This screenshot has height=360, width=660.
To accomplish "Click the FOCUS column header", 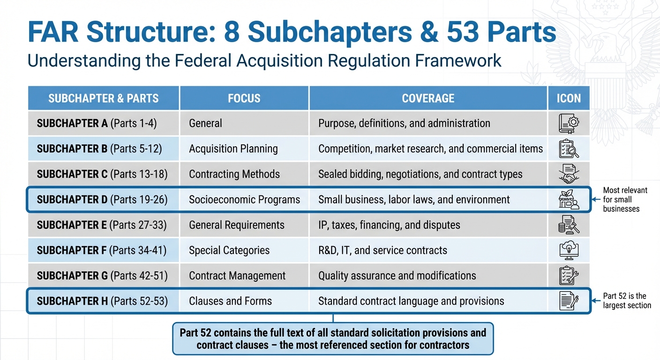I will pyautogui.click(x=244, y=98).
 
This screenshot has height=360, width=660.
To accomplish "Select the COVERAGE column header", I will pyautogui.click(x=428, y=98).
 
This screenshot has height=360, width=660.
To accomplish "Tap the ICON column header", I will pyautogui.click(x=569, y=98).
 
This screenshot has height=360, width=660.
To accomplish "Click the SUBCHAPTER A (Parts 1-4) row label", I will pyautogui.click(x=97, y=123).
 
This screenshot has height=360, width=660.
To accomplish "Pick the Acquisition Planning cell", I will pyautogui.click(x=233, y=149).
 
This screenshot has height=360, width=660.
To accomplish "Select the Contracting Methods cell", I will pyautogui.click(x=234, y=174).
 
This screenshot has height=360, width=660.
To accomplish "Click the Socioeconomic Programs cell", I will pyautogui.click(x=244, y=199).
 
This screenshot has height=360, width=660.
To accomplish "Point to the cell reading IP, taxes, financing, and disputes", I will pyautogui.click(x=389, y=225).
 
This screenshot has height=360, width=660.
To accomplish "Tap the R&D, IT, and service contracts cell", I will pyautogui.click(x=382, y=250).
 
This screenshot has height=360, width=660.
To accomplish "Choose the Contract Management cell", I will pyautogui.click(x=237, y=276).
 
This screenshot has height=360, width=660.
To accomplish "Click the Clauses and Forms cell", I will pyautogui.click(x=230, y=301).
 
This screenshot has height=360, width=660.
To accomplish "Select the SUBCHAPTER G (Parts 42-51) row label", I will pyautogui.click(x=102, y=276).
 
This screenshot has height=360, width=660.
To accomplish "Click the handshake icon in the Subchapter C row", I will pyautogui.click(x=569, y=174).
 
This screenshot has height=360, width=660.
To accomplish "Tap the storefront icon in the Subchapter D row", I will pyautogui.click(x=569, y=199).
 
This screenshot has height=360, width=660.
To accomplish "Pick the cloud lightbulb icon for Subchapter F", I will pyautogui.click(x=569, y=250).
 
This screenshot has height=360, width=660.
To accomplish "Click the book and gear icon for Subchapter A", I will pyautogui.click(x=569, y=123).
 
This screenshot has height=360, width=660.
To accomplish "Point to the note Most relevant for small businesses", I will pyautogui.click(x=625, y=199).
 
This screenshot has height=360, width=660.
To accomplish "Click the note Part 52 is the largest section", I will pyautogui.click(x=627, y=300).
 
